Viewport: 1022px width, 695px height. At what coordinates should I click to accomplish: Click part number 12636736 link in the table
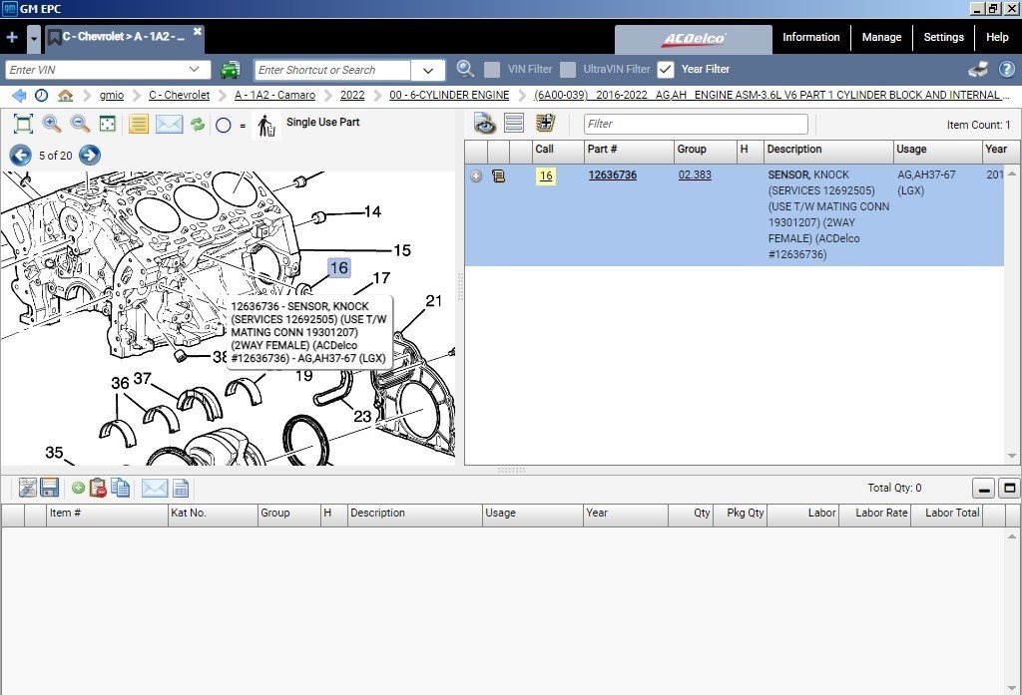(612, 175)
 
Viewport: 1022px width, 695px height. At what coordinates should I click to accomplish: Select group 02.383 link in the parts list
(695, 175)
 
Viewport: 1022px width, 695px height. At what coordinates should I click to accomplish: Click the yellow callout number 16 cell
(545, 176)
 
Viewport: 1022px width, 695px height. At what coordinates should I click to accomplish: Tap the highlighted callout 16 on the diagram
(339, 267)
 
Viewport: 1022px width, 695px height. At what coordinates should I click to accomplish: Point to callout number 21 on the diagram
(433, 301)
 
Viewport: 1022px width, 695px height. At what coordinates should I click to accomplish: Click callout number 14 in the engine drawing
(372, 211)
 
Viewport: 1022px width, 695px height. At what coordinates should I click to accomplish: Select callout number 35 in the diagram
(54, 453)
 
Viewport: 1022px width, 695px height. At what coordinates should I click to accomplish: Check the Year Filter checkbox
(666, 70)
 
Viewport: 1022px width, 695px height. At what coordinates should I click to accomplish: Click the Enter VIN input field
(100, 70)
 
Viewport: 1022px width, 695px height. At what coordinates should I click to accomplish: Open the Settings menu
(943, 38)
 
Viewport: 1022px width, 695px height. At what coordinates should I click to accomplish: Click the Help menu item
(997, 38)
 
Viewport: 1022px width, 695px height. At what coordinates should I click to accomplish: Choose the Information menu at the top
(810, 38)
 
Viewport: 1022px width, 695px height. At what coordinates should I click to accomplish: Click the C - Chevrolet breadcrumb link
(180, 96)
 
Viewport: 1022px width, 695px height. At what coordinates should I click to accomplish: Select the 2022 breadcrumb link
(352, 96)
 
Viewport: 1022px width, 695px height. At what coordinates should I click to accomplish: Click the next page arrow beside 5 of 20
(90, 155)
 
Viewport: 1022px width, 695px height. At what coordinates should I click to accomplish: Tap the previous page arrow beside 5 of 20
(20, 155)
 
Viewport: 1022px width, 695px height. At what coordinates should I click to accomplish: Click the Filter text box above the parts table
(696, 124)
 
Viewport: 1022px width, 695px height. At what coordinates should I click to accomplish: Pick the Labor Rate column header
(882, 514)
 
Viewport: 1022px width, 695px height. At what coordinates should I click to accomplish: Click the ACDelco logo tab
(694, 40)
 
